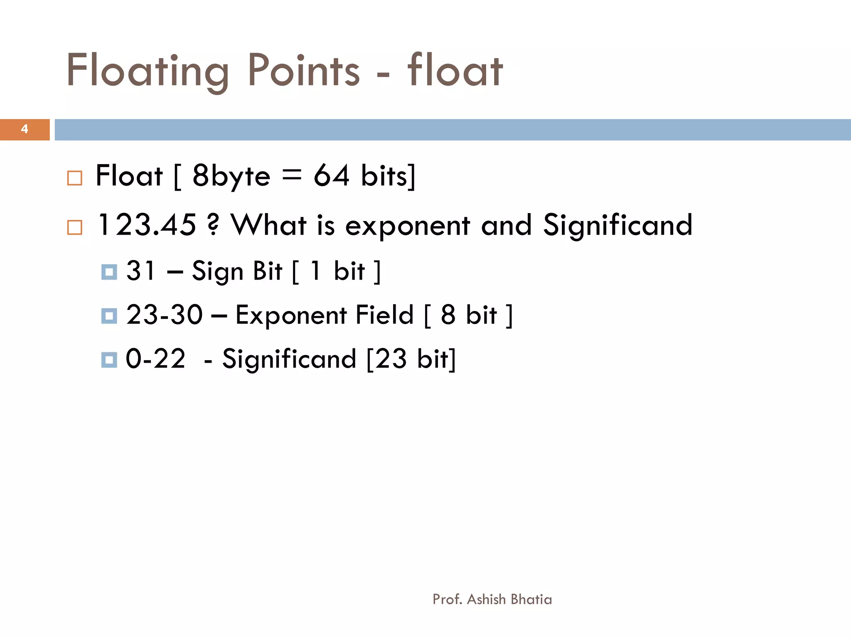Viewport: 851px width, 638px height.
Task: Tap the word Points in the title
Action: pyautogui.click(x=304, y=71)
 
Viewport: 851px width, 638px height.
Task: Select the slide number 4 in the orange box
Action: pyautogui.click(x=25, y=129)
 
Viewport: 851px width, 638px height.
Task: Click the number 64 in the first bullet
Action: pyautogui.click(x=331, y=176)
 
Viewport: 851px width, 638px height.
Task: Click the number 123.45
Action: pyautogui.click(x=147, y=225)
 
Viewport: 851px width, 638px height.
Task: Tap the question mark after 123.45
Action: pyautogui.click(x=213, y=225)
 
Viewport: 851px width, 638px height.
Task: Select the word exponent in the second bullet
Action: pyautogui.click(x=408, y=226)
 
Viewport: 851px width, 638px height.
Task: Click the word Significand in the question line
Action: pyautogui.click(x=617, y=225)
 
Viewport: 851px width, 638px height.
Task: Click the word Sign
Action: pyautogui.click(x=217, y=272)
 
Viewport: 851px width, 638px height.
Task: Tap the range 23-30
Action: pyautogui.click(x=165, y=314)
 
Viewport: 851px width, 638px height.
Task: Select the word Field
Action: pyautogui.click(x=385, y=314)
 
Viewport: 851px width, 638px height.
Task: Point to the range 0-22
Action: pyautogui.click(x=155, y=358)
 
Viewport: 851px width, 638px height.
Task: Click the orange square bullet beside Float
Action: pyautogui.click(x=75, y=178)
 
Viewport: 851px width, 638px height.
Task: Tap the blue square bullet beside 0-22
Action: pyautogui.click(x=109, y=360)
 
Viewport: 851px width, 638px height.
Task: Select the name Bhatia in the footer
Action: pyautogui.click(x=531, y=599)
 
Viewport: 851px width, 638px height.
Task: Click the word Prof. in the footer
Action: pyautogui.click(x=447, y=599)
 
